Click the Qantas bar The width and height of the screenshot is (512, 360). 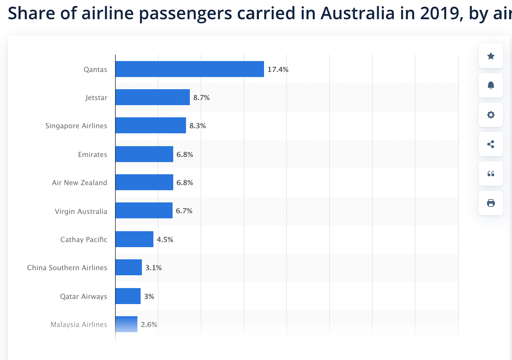(x=189, y=69)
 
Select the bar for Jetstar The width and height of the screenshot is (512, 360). (x=153, y=97)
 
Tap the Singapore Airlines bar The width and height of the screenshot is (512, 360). (x=151, y=125)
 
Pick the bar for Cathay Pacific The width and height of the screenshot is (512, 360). (x=134, y=239)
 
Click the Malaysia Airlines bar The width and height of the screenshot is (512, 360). (x=126, y=324)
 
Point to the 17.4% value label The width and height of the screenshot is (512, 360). (x=278, y=69)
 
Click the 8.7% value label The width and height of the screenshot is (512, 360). (x=201, y=98)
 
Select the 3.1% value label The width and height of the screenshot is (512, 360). (x=153, y=268)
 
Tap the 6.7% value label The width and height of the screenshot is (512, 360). (x=184, y=211)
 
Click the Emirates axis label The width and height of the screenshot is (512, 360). (x=92, y=155)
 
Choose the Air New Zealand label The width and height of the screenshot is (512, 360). (x=79, y=183)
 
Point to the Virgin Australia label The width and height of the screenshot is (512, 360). (x=81, y=211)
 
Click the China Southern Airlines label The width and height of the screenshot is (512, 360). (x=67, y=268)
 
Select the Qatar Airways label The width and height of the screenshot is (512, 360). (x=84, y=296)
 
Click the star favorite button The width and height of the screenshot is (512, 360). (x=491, y=56)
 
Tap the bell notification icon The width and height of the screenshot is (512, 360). (x=491, y=85)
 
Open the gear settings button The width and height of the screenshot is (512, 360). (x=491, y=115)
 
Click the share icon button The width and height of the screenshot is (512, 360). (x=491, y=144)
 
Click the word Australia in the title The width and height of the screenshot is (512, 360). (x=357, y=13)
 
